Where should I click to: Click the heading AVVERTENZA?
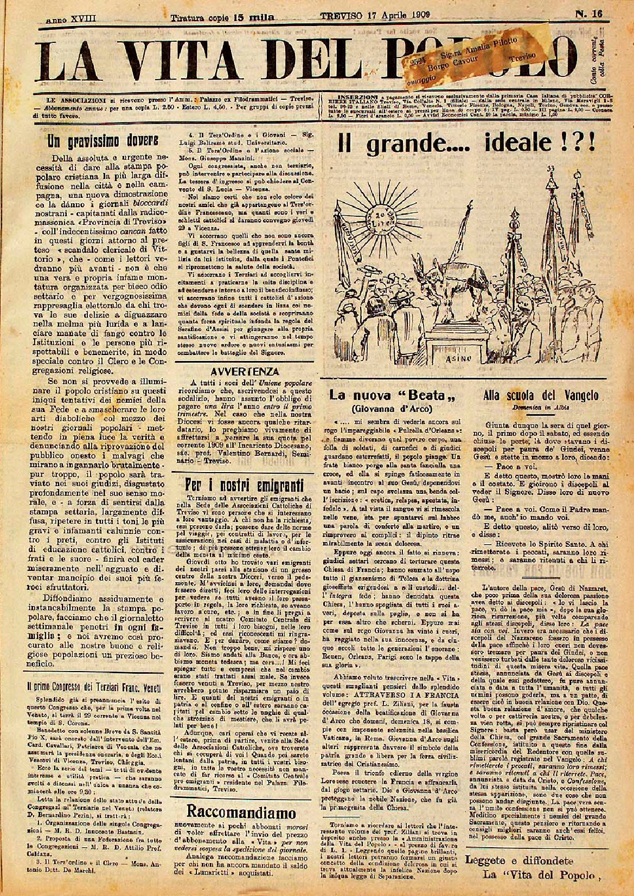click(x=245, y=372)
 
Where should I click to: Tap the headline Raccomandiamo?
click(x=241, y=811)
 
